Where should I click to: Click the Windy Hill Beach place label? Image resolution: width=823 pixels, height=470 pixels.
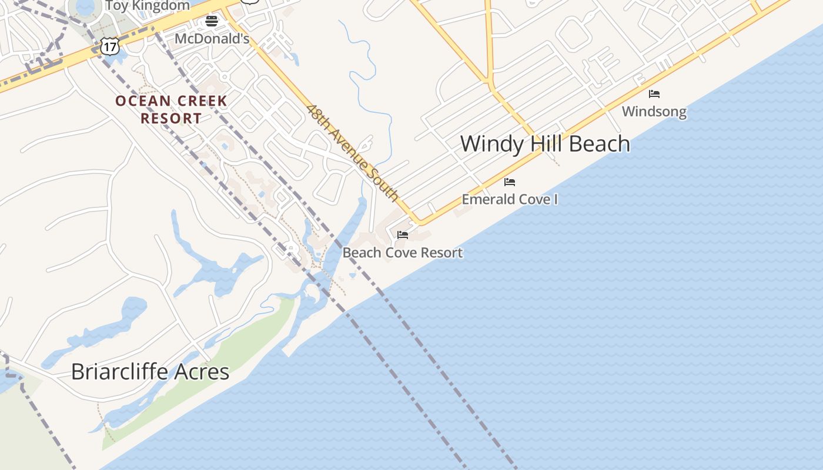(x=545, y=144)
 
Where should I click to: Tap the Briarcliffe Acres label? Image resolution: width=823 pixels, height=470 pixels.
(x=150, y=372)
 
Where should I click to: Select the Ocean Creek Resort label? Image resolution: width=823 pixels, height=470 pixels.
(x=171, y=109)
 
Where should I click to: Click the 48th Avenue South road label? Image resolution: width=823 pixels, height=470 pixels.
(x=353, y=153)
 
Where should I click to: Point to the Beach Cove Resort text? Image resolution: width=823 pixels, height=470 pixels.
(x=403, y=253)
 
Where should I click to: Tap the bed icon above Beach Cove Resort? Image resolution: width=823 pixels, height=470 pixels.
(x=403, y=235)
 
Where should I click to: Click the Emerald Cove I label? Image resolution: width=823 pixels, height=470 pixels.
(x=510, y=199)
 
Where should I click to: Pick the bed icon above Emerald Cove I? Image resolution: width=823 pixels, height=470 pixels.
(x=510, y=182)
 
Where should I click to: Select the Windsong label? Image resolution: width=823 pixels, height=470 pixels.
(x=654, y=112)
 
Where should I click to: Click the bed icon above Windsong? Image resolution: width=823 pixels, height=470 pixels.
(x=654, y=94)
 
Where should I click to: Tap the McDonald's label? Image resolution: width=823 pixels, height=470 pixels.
(x=212, y=39)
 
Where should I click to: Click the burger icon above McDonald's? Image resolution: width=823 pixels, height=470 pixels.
(x=212, y=22)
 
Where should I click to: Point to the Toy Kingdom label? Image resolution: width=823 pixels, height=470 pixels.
(x=148, y=6)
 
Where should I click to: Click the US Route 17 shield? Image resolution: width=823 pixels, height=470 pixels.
(x=109, y=46)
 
